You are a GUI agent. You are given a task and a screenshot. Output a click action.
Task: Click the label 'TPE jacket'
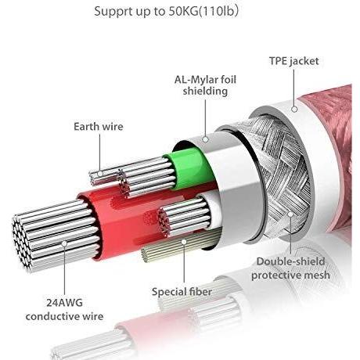(x=294, y=61)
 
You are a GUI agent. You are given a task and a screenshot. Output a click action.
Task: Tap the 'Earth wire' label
(x=99, y=127)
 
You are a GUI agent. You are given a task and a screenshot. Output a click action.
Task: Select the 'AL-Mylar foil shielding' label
(x=205, y=85)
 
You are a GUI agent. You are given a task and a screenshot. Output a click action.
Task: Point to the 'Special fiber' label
(x=182, y=291)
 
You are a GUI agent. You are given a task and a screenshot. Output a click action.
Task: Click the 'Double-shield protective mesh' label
(x=290, y=268)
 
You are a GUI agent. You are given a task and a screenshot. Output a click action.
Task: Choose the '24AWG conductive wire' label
(x=64, y=310)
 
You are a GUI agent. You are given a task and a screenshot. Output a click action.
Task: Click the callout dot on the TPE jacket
(x=294, y=109)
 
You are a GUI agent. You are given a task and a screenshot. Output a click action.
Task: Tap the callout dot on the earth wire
(x=100, y=174)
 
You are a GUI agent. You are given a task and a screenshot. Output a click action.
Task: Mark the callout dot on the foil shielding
(x=206, y=139)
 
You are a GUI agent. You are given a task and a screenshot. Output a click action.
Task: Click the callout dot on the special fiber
(x=184, y=242)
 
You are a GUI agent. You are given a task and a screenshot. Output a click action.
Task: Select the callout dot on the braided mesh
(x=290, y=214)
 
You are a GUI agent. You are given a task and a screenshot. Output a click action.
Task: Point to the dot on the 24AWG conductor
(x=64, y=243)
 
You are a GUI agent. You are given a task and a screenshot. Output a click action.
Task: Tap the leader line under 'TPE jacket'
(x=294, y=88)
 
